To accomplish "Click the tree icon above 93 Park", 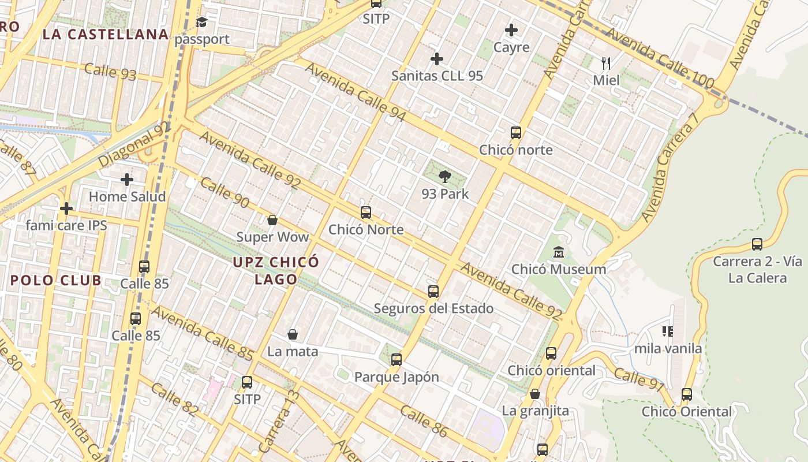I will point(444,177).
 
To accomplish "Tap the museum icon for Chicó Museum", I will point(559,252).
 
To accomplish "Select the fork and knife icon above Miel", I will point(606,63).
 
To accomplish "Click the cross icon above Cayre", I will point(511,30).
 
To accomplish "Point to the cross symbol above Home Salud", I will point(127,180).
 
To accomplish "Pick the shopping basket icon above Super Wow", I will point(272,220).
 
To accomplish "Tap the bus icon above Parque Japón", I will point(396,360).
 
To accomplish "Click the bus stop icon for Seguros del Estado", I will point(433,292).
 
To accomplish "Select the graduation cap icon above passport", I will point(201,23).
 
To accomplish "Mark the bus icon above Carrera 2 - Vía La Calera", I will point(757,244).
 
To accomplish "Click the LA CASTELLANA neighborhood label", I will point(106,34).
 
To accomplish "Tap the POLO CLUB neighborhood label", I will point(56,281).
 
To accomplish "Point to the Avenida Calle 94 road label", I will point(356,92).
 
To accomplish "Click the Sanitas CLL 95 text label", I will point(437,76).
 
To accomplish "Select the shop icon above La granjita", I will point(535,394).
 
